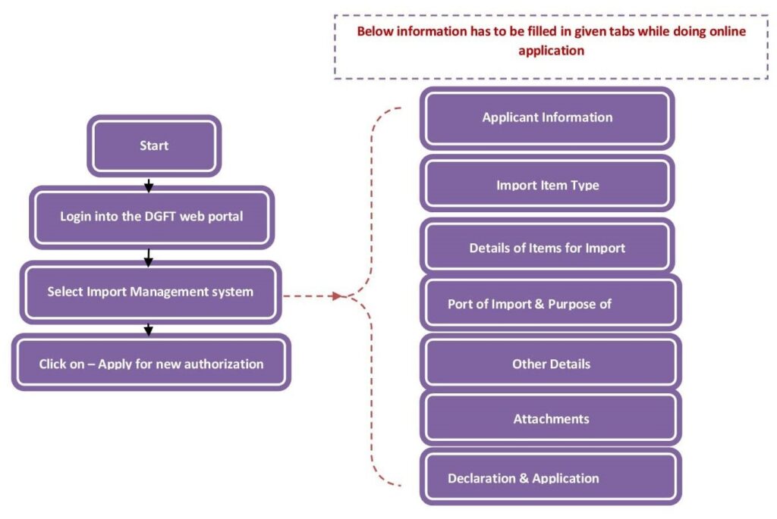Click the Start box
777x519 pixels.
click(154, 145)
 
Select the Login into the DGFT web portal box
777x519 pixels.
click(151, 217)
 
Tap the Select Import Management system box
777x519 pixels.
click(150, 291)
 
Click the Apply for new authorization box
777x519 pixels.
click(151, 363)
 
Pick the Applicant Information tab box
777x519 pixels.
click(547, 117)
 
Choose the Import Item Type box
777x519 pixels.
click(547, 184)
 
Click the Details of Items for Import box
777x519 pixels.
click(547, 248)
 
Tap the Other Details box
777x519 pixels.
click(551, 364)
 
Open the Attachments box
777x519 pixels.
click(551, 419)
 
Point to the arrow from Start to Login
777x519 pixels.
click(149, 184)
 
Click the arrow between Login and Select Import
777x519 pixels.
click(149, 258)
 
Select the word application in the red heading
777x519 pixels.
click(551, 51)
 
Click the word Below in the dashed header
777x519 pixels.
click(374, 31)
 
